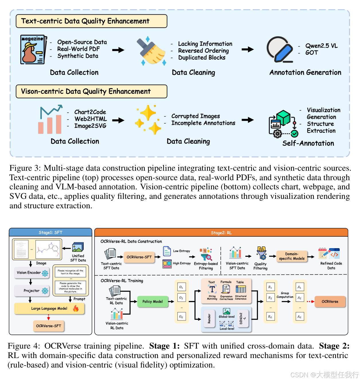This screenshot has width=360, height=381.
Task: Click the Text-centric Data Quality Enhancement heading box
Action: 91,21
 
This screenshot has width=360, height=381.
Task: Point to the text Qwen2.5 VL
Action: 321,46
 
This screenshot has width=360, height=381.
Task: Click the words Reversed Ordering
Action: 203,51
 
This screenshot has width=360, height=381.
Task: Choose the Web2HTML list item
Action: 90,119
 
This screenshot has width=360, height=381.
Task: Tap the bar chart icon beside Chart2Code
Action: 50,120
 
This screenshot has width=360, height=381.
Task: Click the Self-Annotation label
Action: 308,143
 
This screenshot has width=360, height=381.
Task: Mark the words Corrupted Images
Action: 195,116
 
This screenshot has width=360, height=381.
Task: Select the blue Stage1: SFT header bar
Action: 50,232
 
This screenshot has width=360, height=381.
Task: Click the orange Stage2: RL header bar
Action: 221,233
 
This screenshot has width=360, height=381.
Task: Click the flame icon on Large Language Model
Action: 76,308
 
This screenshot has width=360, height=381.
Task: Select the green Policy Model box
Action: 152,302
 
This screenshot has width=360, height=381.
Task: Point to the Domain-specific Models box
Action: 292,256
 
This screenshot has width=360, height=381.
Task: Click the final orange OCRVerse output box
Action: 330,302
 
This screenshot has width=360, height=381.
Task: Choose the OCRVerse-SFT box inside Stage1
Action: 48,326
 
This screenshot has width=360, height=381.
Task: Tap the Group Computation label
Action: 285,295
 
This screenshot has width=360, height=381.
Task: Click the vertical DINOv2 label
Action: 241,318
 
